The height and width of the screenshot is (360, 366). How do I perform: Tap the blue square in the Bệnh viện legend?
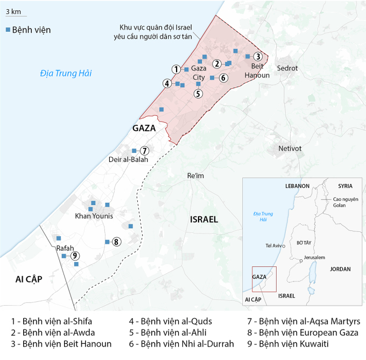click(x=8, y=30)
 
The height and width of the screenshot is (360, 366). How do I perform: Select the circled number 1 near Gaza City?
click(x=175, y=69)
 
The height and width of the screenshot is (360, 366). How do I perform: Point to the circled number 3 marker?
click(x=258, y=57)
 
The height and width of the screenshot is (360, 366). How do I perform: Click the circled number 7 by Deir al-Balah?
click(x=144, y=150)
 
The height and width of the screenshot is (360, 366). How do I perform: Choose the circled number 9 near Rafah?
click(x=75, y=256)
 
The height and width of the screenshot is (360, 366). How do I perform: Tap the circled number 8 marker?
click(x=117, y=242)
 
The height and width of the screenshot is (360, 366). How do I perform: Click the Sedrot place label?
click(x=287, y=68)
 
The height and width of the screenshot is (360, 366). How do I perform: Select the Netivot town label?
click(x=291, y=148)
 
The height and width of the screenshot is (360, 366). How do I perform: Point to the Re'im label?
click(x=196, y=177)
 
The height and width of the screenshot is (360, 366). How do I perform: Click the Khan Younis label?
click(x=94, y=216)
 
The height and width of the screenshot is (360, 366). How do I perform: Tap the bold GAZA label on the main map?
click(x=144, y=128)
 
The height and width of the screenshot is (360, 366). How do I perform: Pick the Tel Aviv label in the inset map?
click(x=274, y=246)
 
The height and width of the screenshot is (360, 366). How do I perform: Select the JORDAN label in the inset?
click(x=340, y=269)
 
